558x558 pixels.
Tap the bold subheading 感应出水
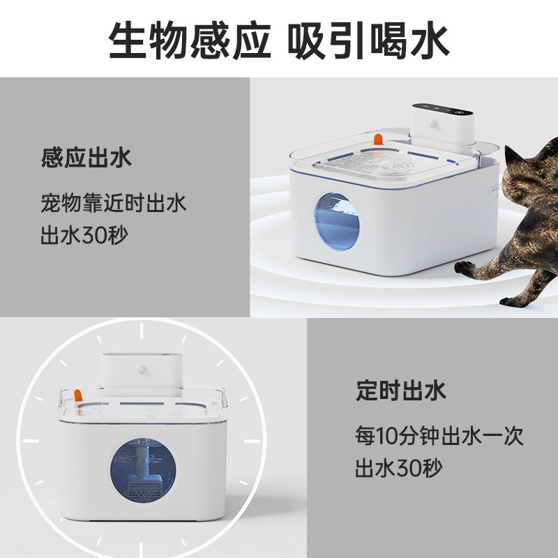86,158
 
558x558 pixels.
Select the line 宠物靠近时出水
113,203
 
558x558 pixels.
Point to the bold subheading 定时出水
400,391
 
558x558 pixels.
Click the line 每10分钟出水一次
439,435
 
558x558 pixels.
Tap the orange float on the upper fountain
378,139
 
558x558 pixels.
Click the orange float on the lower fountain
78,395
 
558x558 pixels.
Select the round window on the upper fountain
337,222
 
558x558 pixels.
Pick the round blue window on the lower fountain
143,470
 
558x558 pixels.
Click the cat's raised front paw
465,268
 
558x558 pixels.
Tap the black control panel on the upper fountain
442,109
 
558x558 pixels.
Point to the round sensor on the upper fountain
434,124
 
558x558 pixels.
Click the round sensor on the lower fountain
142,370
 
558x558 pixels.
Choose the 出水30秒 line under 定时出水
398,467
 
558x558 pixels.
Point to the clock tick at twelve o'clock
142,331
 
